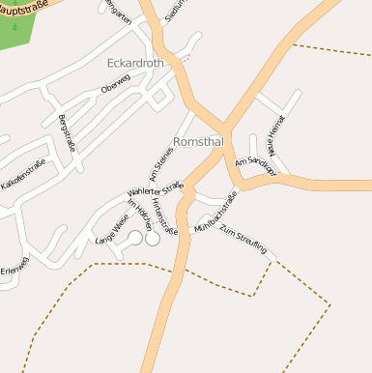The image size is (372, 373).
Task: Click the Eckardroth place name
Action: pos(136,64)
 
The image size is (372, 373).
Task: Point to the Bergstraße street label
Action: pos(67,132)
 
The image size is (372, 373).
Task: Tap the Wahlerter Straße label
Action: pos(155,191)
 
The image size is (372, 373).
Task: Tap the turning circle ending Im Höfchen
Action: pos(153,238)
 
